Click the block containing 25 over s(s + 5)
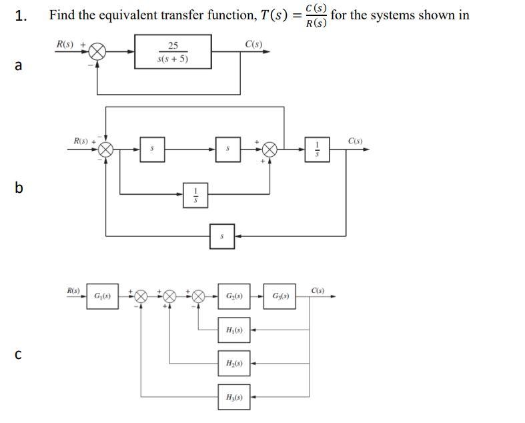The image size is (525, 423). (173, 52)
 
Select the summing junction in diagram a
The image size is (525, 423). (98, 52)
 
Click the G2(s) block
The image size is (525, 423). (234, 296)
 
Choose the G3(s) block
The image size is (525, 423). (281, 296)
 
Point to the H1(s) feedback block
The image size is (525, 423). (234, 330)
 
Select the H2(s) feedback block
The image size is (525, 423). (234, 364)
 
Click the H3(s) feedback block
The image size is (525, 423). (234, 397)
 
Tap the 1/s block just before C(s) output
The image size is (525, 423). (317, 149)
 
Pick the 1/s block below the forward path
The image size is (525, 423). (195, 194)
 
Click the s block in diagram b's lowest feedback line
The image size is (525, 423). (222, 236)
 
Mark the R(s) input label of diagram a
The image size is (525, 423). (65, 44)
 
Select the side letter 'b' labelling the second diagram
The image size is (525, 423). (19, 188)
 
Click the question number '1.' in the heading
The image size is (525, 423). (21, 15)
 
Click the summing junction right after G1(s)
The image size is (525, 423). (141, 296)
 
